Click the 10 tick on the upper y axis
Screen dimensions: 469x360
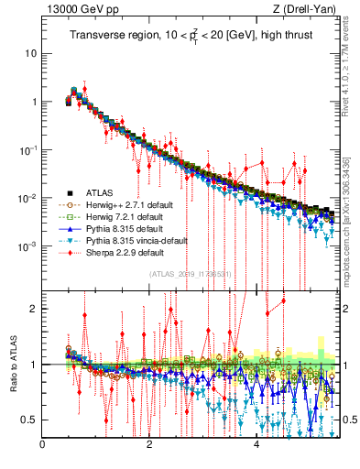[31, 53]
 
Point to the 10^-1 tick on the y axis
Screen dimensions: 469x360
[27, 149]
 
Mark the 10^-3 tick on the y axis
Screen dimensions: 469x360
[27, 246]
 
